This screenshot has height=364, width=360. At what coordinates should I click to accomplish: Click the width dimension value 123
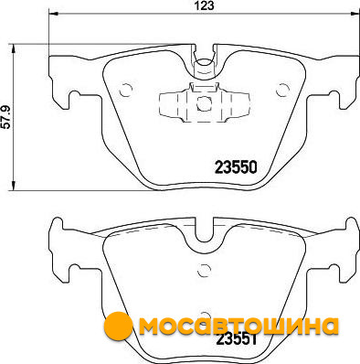point(205,5)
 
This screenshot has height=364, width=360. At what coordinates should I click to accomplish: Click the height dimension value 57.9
point(6,117)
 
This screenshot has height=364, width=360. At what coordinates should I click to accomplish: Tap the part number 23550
point(236,167)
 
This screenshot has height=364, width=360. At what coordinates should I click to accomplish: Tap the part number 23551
point(236,339)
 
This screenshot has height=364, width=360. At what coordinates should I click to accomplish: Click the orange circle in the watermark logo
point(118,326)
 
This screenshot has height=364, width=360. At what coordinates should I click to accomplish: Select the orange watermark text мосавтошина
point(238,326)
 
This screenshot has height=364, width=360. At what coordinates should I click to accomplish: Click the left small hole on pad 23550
point(125,90)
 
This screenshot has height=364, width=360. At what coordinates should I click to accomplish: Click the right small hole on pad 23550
point(282,90)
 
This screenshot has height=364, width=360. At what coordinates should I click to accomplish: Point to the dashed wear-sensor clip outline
point(205,102)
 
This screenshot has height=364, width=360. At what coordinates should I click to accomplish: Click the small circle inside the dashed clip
point(204,103)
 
